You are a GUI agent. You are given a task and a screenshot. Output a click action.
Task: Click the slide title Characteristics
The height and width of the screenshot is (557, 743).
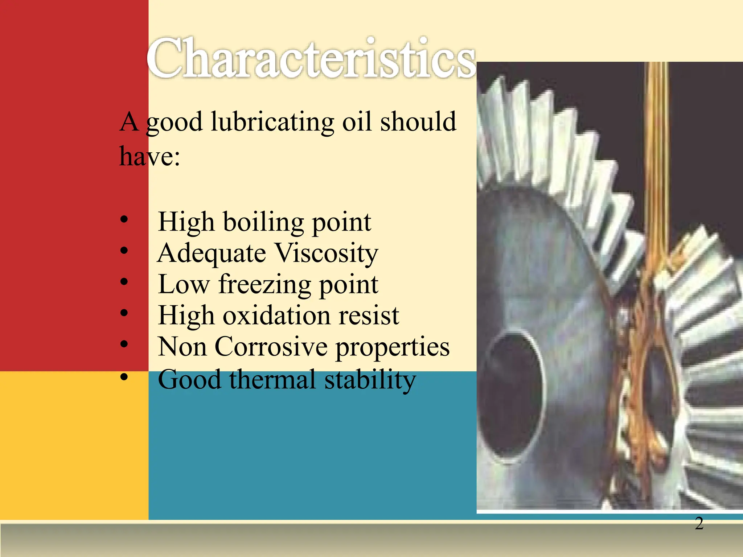coord(311,58)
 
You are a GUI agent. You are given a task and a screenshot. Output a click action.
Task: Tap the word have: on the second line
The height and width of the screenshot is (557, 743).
coord(149,157)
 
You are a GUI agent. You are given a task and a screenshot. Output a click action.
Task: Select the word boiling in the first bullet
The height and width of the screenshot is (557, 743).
coord(263,222)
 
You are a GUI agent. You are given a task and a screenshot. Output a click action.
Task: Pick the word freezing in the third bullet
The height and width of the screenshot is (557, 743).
coord(264,285)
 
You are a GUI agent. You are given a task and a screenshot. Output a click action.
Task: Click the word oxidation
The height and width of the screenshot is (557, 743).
coord(276,315)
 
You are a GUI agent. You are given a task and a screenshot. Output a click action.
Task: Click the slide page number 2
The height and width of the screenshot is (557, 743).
coord(699,524)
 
